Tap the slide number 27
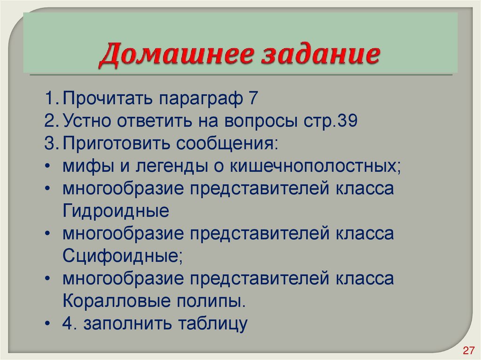click(468, 350)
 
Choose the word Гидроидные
click(116, 211)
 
